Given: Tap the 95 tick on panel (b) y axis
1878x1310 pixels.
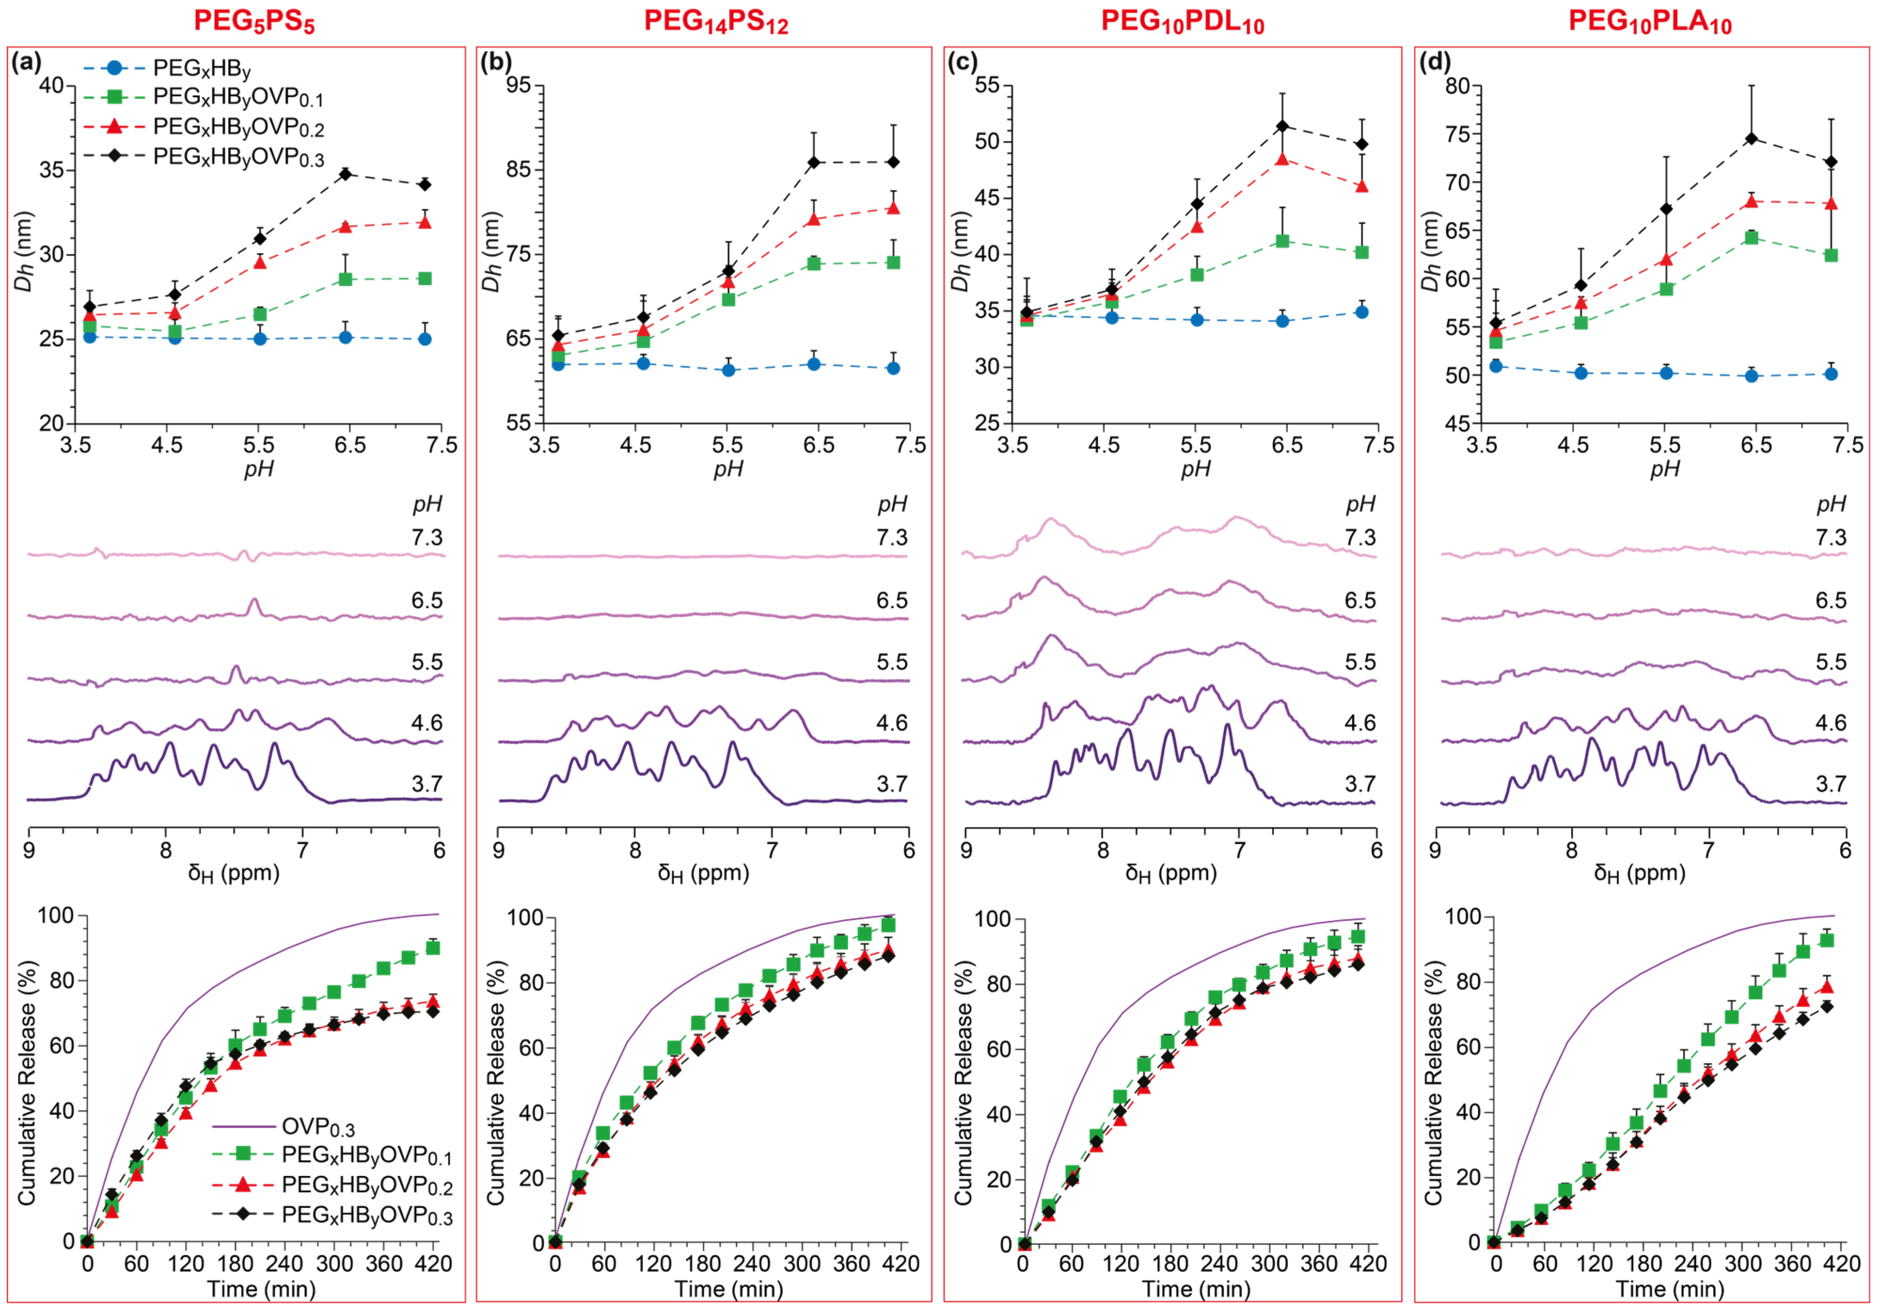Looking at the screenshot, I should pyautogui.click(x=518, y=85).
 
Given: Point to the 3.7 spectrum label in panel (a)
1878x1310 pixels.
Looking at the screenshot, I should pyautogui.click(x=427, y=784).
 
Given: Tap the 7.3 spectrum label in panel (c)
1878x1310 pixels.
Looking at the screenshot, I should pyautogui.click(x=1360, y=537).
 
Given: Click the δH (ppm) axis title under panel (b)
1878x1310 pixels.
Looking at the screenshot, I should pyautogui.click(x=703, y=873).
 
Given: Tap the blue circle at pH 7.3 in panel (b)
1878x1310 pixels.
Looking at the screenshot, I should pyautogui.click(x=893, y=368).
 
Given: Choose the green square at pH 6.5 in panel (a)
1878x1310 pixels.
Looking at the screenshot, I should pyautogui.click(x=345, y=279).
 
